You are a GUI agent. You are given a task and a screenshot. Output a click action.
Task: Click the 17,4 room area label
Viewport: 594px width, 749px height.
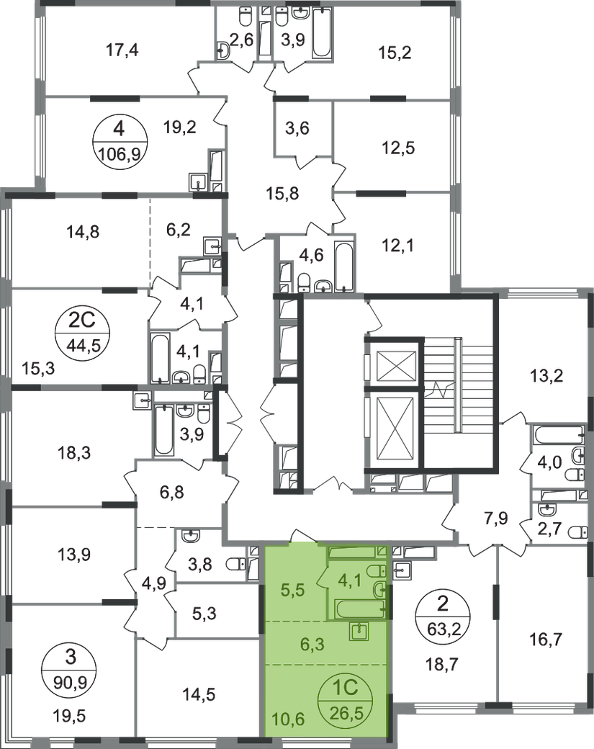(x=122, y=49)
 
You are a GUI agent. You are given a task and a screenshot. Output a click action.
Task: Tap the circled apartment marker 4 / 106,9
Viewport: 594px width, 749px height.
(x=119, y=142)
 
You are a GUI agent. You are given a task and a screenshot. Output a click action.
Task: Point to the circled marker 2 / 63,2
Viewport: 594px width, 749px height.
(x=443, y=616)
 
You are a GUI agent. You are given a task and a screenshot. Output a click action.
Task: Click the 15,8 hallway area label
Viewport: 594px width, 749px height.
(x=282, y=194)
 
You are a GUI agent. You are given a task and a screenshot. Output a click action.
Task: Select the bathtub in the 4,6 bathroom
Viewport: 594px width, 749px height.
(x=343, y=267)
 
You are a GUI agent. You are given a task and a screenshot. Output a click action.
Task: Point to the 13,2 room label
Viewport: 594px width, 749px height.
(x=546, y=376)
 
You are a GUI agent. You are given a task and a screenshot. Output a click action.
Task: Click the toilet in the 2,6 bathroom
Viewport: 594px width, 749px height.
(x=244, y=18)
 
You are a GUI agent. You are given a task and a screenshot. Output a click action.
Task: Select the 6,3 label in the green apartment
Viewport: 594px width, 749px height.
(x=312, y=644)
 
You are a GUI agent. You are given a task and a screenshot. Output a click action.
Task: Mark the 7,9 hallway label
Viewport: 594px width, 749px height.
(x=496, y=519)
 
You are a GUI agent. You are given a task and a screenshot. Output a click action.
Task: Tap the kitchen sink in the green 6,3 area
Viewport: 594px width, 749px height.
(x=359, y=632)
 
